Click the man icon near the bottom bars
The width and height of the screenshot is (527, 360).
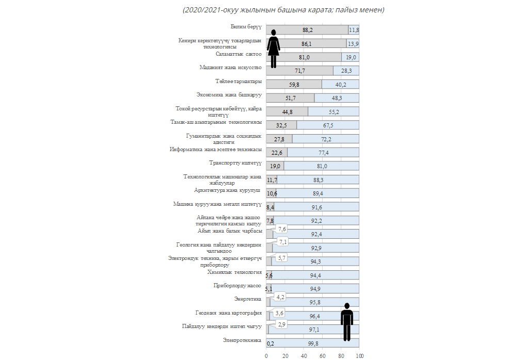click(x=347, y=321)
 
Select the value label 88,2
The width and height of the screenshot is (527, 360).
click(x=308, y=30)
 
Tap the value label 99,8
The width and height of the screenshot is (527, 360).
click(x=313, y=343)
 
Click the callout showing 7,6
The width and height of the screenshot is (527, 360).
click(x=282, y=229)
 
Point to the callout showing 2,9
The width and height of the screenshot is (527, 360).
click(x=282, y=324)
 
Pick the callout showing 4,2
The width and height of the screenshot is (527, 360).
click(x=281, y=297)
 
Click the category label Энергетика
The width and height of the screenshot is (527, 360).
click(x=248, y=299)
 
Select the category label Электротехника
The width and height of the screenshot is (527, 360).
click(x=243, y=340)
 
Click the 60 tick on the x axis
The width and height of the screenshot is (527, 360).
click(x=322, y=356)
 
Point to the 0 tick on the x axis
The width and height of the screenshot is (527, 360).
click(x=266, y=356)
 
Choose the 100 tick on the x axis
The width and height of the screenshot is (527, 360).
click(x=359, y=356)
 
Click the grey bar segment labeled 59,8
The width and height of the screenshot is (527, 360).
click(x=294, y=85)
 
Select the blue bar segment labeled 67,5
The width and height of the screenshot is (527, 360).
click(x=328, y=125)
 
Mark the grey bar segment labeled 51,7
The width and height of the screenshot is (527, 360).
click(x=290, y=98)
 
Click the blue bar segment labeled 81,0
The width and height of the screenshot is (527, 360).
click(x=322, y=166)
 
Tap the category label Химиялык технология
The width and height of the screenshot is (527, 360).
click(x=234, y=271)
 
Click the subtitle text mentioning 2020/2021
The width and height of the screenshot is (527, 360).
click(x=283, y=10)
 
